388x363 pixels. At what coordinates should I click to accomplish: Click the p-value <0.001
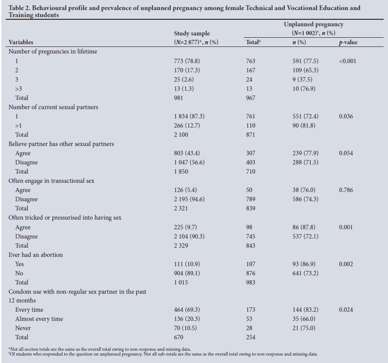(347, 61)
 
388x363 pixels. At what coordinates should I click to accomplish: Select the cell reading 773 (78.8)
(187, 61)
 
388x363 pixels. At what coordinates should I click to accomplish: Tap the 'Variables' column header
(21, 43)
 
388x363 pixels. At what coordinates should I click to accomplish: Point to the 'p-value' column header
(349, 43)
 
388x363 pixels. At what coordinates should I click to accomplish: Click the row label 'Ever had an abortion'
(35, 255)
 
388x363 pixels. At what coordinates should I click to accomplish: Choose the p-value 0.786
(346, 190)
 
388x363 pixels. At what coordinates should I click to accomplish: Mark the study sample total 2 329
(181, 246)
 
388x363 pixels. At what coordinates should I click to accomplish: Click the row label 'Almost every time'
(39, 319)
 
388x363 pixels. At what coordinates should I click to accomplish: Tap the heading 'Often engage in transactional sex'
(52, 181)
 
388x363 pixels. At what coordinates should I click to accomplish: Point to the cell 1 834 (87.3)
(189, 116)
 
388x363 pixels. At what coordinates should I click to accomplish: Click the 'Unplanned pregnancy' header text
(314, 25)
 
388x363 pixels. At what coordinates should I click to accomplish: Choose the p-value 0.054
(346, 153)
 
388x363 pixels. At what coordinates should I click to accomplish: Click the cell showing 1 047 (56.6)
(189, 162)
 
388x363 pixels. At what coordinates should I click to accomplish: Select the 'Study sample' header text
(192, 33)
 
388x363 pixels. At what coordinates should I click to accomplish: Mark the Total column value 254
(250, 337)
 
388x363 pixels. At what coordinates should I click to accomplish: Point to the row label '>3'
(18, 89)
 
